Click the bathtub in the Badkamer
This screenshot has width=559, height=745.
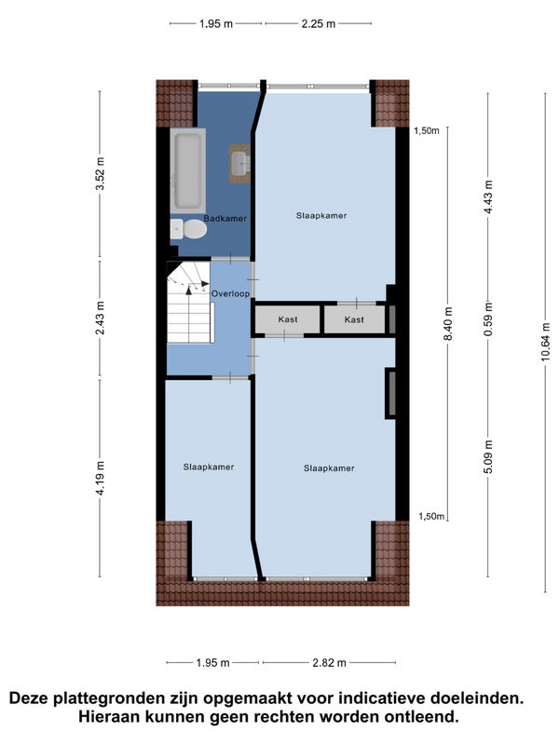pos(188,170)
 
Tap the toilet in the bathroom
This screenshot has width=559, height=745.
pos(188,229)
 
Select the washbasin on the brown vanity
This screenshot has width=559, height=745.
pos(241,162)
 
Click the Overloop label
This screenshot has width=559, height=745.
pos(230,293)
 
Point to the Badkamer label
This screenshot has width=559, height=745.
pos(225,219)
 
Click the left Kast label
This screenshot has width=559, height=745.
pos(288,319)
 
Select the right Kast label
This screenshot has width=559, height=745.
pos(354,319)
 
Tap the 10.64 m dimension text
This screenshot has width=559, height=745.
pos(545,342)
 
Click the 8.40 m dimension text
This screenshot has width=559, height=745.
pos(448,323)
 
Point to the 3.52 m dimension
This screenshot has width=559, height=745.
pos(100,173)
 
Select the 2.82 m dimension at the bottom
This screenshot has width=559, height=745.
pos(330,662)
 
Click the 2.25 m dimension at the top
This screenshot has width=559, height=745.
pos(319,24)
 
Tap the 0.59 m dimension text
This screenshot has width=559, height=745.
pos(488,319)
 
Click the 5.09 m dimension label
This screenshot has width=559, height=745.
pos(488,456)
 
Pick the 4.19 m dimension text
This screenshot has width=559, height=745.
pos(100,478)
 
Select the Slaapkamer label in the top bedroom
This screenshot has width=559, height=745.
pos(321,216)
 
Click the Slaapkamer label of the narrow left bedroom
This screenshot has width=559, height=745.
pos(209,467)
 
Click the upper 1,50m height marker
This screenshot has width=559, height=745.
pos(427,131)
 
